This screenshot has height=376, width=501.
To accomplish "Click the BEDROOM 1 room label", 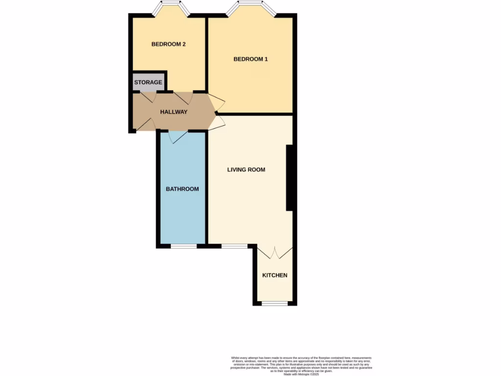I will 250,59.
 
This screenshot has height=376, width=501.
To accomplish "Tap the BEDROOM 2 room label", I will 168,44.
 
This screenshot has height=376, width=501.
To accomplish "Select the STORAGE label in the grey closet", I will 148,82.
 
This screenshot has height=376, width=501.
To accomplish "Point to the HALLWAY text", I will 174,112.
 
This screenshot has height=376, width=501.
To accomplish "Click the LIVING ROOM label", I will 246,170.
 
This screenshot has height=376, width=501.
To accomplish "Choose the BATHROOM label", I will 182,189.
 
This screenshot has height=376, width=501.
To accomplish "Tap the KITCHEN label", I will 274,275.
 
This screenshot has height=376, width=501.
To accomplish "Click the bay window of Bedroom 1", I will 251,7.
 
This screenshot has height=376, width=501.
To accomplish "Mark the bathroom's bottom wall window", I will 183,246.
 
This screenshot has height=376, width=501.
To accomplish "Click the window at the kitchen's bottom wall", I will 274,304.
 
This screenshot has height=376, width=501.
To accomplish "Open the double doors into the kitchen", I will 274,252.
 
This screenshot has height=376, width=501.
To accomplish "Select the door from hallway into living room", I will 216,122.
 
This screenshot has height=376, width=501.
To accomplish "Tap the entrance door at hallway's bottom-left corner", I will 144,124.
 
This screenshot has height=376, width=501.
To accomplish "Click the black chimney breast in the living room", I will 289,178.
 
